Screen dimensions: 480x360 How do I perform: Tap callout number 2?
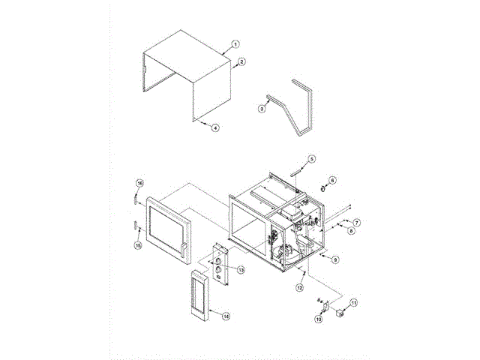tap(241, 61)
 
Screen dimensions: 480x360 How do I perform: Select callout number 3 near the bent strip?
tap(261, 109)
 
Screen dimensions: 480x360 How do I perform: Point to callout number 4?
tap(215, 128)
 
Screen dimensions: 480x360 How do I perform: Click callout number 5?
tap(312, 159)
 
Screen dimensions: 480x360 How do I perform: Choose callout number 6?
tap(333, 180)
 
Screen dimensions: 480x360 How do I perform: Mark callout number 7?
tap(357, 223)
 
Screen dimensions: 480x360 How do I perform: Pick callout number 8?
tap(350, 232)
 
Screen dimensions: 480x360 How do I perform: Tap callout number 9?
tap(335, 259)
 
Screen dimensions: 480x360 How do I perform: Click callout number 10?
tap(317, 319)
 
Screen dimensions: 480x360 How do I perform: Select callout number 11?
tap(354, 302)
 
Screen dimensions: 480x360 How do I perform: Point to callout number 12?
tap(299, 287)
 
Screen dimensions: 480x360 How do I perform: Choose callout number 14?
tap(226, 316)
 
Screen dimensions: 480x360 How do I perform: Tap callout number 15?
tap(138, 245)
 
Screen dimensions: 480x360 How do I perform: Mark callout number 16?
tap(139, 183)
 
